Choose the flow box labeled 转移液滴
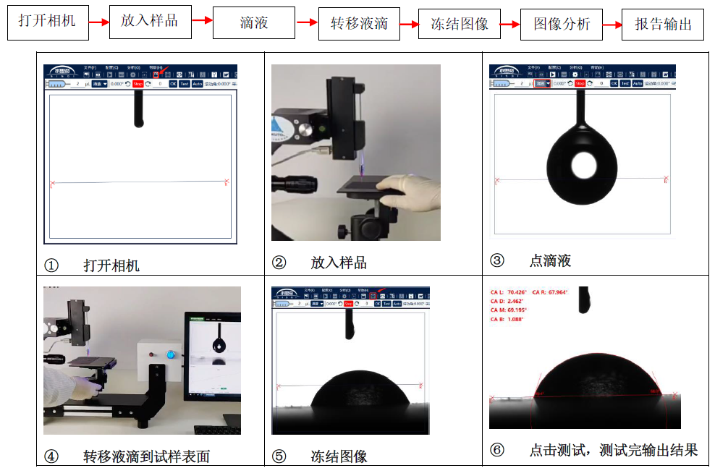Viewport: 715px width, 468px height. tap(359, 23)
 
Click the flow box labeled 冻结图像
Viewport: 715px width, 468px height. tap(460, 23)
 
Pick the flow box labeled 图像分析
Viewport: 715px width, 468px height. tap(562, 23)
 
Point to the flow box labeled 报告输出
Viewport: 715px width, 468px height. tap(663, 24)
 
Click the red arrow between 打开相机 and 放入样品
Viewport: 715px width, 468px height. tap(99, 23)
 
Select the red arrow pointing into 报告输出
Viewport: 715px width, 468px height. tap(612, 25)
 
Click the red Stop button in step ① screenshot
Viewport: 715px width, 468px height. tap(137, 84)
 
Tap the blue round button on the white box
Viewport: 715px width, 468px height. tap(172, 355)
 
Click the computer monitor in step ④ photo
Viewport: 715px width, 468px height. tap(213, 354)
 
